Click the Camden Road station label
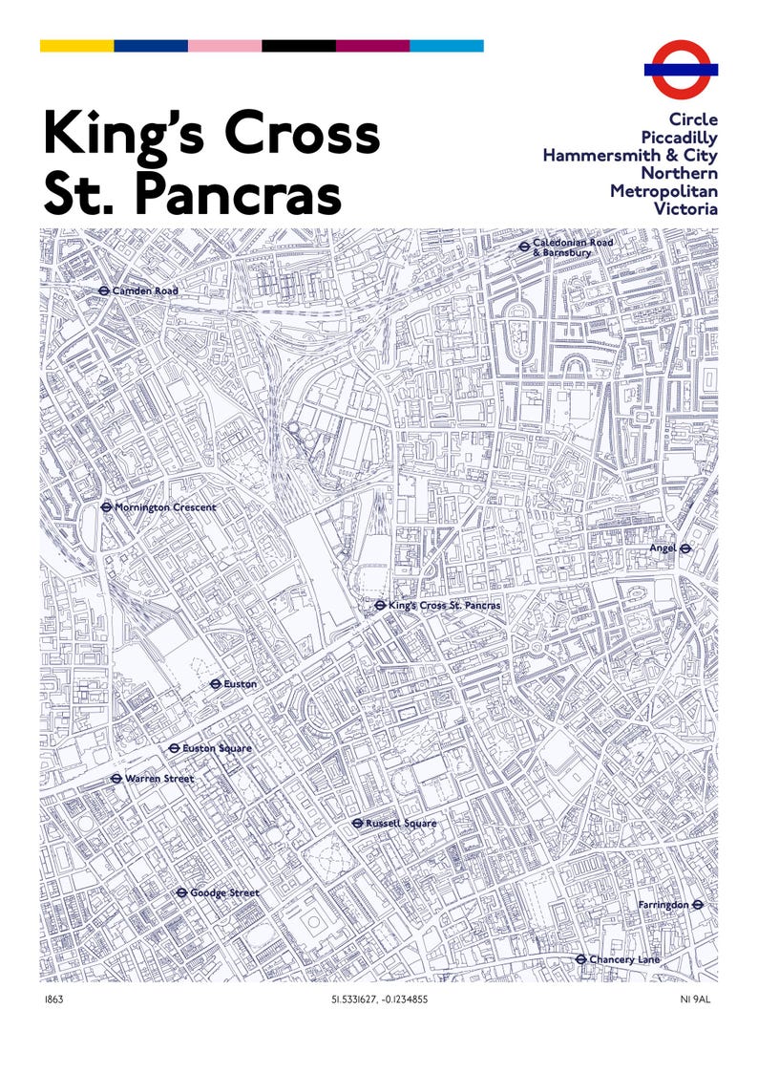[145, 290]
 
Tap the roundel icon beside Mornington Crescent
[106, 507]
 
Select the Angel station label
[663, 548]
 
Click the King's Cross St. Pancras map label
[445, 606]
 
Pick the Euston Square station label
[217, 748]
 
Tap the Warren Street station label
[159, 779]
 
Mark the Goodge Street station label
[224, 893]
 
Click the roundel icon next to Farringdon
[698, 904]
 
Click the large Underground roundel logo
[681, 69]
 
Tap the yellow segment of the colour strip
[76, 46]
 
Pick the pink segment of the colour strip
[224, 46]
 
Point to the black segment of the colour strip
[299, 46]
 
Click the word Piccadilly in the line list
[679, 138]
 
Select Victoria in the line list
[685, 208]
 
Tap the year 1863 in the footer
[54, 1000]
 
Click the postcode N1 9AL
[698, 1000]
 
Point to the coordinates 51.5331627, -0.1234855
[379, 1000]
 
